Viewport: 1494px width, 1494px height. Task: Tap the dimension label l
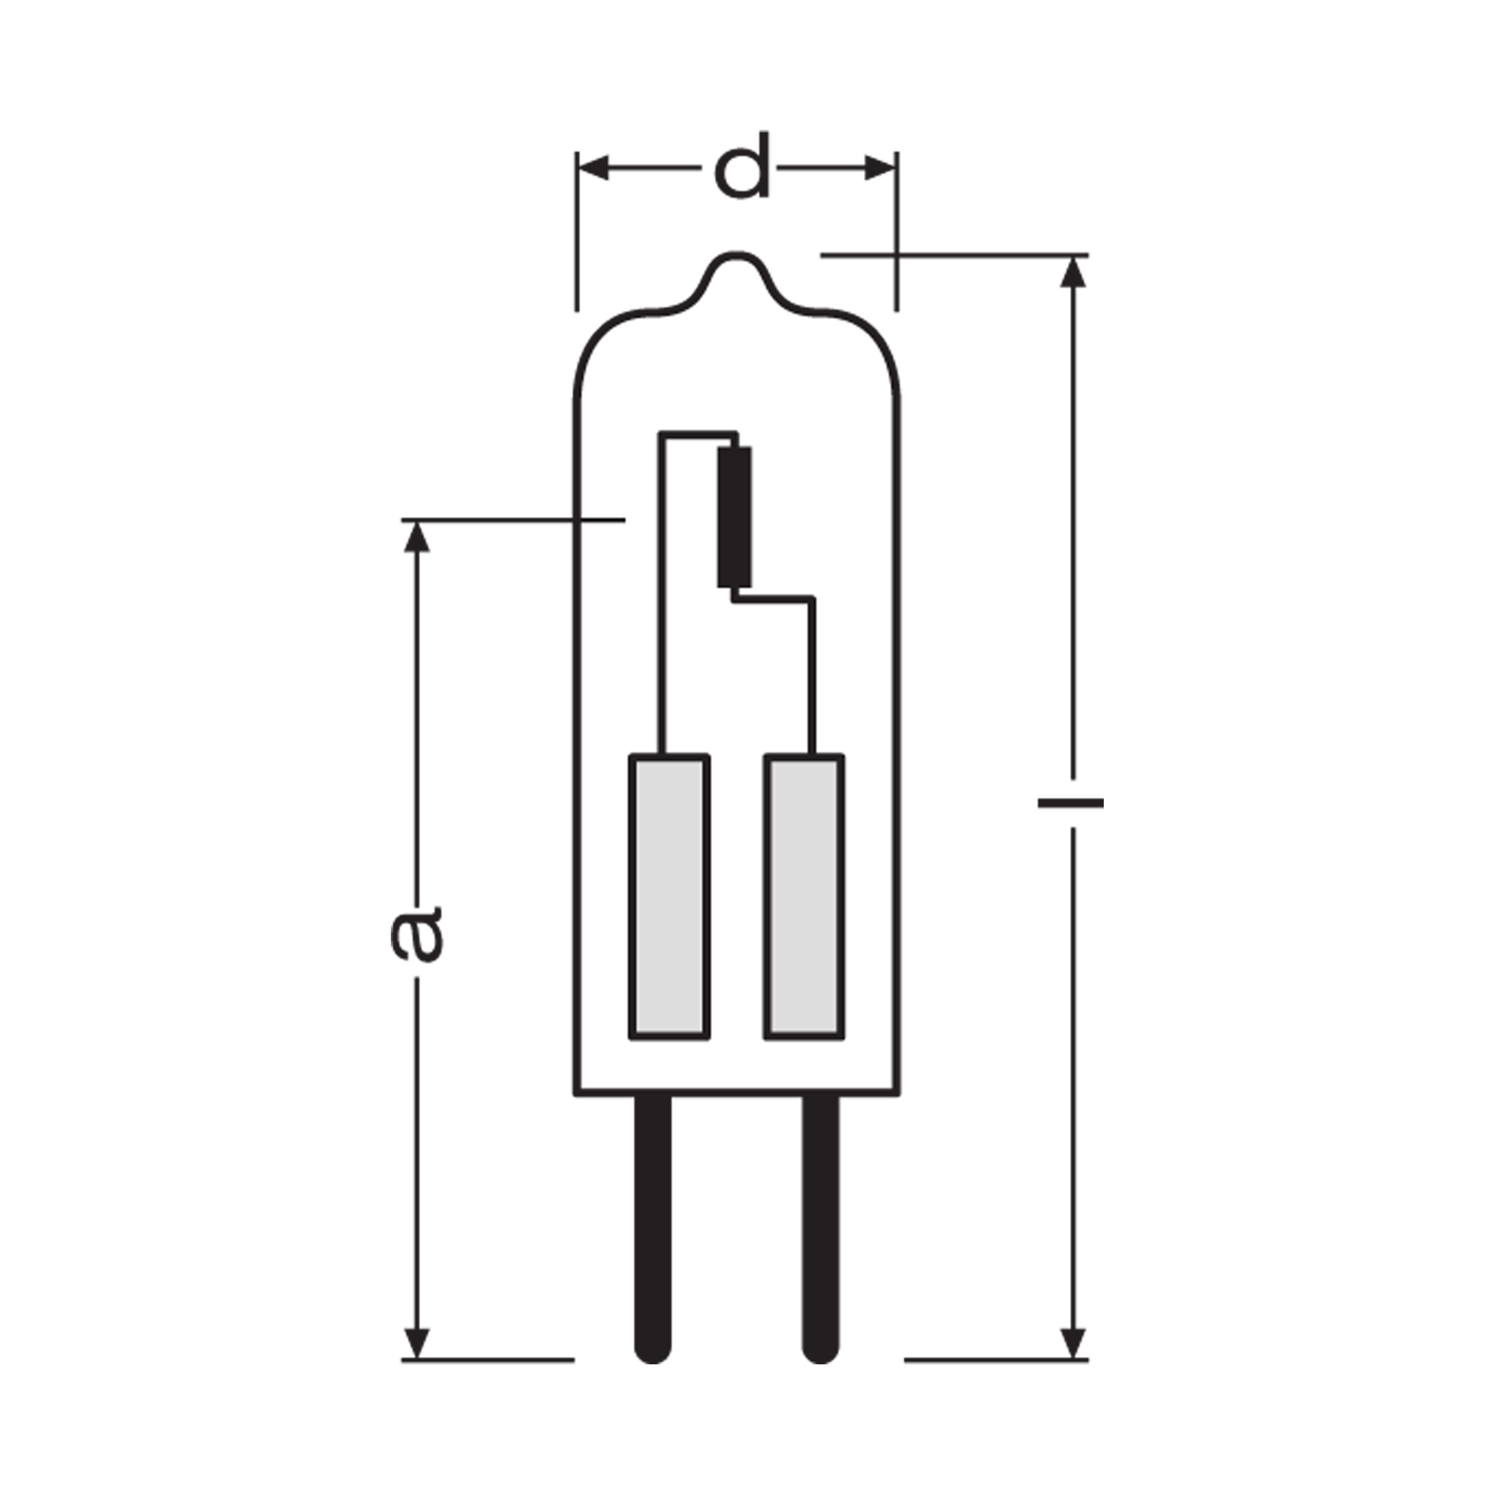[x=1071, y=803]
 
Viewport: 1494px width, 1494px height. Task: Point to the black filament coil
[x=734, y=518]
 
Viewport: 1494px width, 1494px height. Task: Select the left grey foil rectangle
[x=669, y=897]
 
